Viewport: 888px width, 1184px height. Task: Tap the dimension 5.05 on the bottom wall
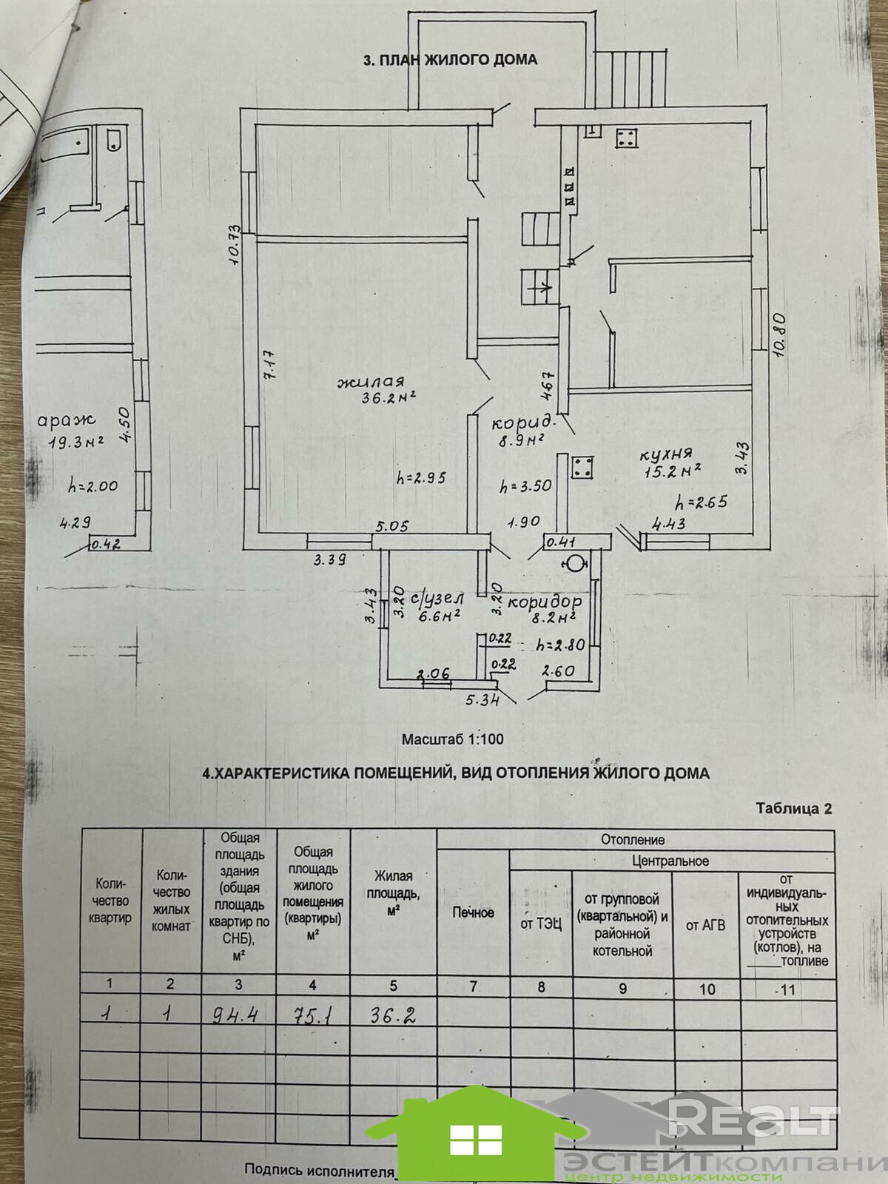[x=392, y=527]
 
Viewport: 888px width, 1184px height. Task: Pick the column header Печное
[x=473, y=912]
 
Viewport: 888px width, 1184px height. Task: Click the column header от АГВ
[x=705, y=925]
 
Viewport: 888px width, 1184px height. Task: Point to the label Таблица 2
[x=793, y=808]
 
